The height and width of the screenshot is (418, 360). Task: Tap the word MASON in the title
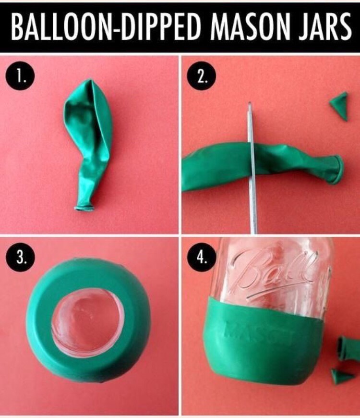[254, 27]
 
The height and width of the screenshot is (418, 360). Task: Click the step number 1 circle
[20, 77]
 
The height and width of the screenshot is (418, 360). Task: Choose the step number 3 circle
[20, 258]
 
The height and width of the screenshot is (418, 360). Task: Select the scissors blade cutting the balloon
[252, 169]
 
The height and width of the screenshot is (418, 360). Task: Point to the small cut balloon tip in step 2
[339, 106]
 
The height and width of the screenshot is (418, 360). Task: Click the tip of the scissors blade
[250, 103]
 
